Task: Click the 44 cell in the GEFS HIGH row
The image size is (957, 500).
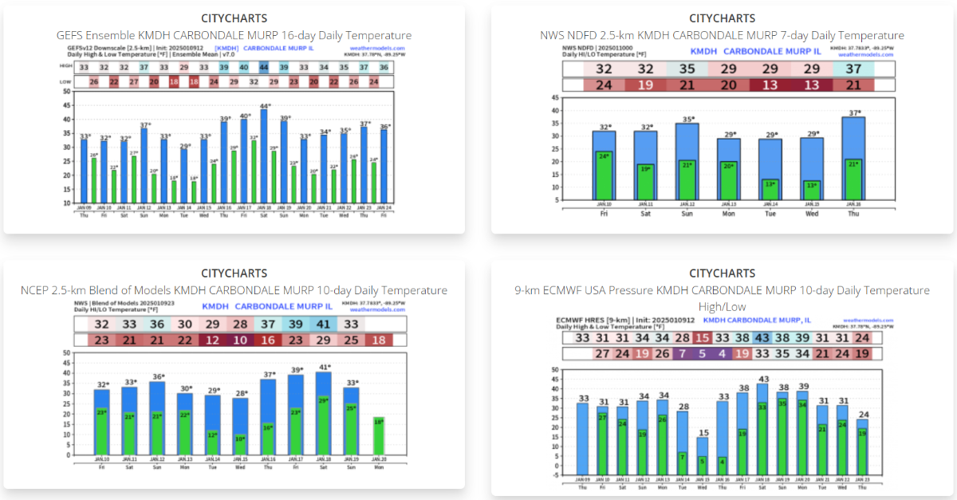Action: tap(264, 68)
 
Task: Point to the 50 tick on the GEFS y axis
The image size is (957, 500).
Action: tap(66, 92)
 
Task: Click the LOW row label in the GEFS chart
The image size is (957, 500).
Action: tap(67, 82)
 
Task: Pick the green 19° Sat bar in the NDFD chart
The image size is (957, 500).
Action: tap(645, 182)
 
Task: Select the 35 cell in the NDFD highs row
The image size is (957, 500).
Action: tap(687, 69)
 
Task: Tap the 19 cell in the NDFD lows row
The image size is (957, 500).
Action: tap(645, 85)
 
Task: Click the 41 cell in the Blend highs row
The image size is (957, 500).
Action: tap(323, 325)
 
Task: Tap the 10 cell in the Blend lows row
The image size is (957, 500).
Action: tap(240, 341)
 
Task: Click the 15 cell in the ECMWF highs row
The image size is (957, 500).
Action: tap(703, 338)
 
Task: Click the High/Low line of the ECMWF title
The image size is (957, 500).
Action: tap(722, 306)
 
